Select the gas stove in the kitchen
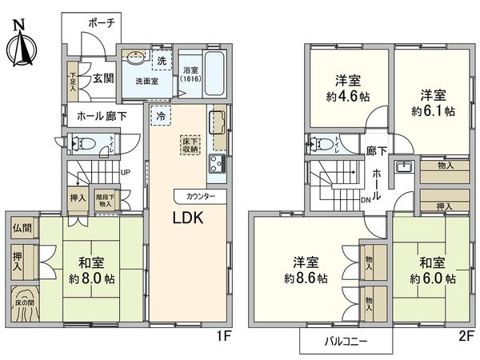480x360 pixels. coord(218,165)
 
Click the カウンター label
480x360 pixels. coord(200,196)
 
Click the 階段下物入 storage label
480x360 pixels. coord(105,200)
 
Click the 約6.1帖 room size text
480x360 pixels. coord(432,110)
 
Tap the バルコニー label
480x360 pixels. coord(347,342)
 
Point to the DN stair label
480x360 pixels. coord(366,200)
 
